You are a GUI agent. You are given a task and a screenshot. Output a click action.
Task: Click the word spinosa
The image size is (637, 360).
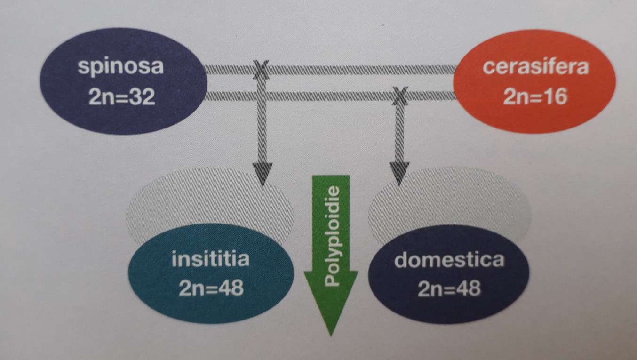(121, 67)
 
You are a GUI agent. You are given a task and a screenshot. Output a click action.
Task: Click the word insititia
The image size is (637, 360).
(210, 259)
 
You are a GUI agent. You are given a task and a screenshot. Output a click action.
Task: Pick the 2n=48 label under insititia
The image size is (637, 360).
(210, 288)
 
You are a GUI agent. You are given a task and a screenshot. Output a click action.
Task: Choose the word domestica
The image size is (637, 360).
(449, 259)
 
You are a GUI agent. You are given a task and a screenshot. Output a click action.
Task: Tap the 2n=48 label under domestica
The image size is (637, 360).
(449, 288)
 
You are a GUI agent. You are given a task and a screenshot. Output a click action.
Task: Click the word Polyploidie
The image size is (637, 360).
(332, 236)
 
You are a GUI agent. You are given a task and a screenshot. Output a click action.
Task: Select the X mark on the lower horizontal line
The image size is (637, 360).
(400, 97)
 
